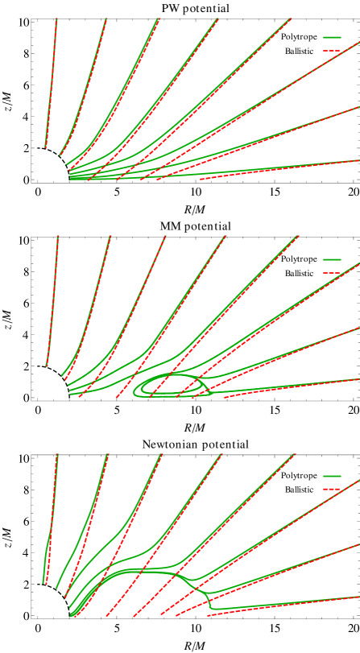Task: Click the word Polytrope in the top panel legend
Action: tap(299, 37)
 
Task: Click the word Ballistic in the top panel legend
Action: tap(299, 51)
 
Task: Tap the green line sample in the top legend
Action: tap(332, 37)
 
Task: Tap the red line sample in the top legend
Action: tap(332, 51)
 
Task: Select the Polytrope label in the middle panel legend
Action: tap(299, 259)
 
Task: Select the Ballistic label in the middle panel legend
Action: tap(299, 273)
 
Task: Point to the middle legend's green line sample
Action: tap(332, 259)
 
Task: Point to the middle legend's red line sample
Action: tap(332, 273)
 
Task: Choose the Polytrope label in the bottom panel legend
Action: tap(299, 476)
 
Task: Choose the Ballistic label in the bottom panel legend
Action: tap(299, 490)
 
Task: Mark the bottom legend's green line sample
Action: tap(332, 476)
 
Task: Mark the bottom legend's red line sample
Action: tap(332, 490)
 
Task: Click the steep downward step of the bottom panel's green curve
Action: tap(209, 600)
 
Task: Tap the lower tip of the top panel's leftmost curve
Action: tap(46, 147)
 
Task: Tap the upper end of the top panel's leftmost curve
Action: tap(56, 19)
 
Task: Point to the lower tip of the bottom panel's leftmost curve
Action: tap(43, 582)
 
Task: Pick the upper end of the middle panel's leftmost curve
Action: tap(58, 237)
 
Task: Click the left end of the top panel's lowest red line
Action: tap(201, 179)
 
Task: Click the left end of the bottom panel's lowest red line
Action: tap(209, 615)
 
